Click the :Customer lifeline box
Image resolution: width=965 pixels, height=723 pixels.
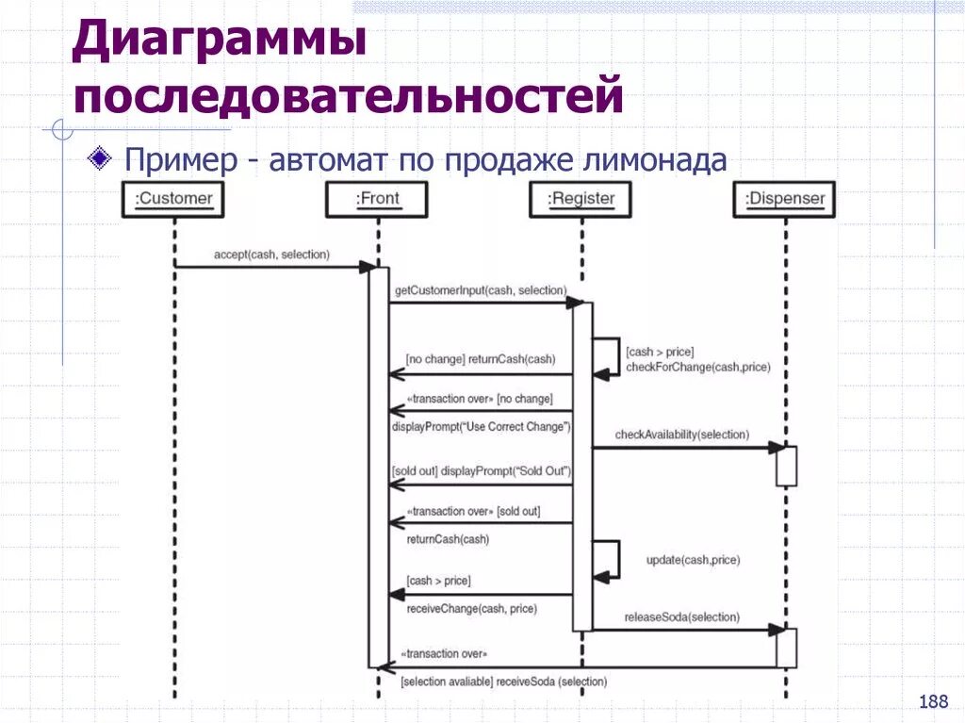point(173,199)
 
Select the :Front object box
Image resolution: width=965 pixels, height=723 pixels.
point(377,199)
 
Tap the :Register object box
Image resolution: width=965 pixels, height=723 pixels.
point(581,199)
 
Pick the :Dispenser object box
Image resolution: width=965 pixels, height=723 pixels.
point(784,199)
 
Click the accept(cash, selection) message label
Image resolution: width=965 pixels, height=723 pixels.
point(271,255)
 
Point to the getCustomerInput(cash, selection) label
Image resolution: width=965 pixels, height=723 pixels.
point(481,290)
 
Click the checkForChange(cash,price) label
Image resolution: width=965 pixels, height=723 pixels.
point(697,367)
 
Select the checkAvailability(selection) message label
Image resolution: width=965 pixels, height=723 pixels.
point(681,435)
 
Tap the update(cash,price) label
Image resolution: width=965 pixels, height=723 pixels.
point(693,560)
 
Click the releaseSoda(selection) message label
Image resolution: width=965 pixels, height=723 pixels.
point(681,617)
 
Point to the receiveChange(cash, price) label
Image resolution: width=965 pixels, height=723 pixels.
point(471,609)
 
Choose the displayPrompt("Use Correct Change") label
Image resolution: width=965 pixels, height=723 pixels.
point(481,427)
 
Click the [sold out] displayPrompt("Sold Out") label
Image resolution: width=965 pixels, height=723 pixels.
point(481,470)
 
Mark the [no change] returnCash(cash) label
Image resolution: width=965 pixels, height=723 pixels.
point(480,359)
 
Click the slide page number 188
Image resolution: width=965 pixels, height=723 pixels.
point(932,701)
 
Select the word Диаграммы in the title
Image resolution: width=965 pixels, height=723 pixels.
point(220,45)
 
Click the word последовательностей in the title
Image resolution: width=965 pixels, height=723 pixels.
point(349,97)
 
